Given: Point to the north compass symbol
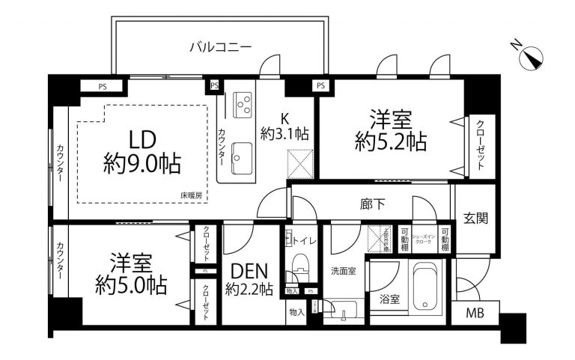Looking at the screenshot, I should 535,58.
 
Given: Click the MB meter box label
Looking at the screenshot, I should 474,314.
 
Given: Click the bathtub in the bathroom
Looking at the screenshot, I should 428,287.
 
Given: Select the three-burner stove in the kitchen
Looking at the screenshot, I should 243,103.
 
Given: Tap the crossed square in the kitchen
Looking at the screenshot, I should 300,161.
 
